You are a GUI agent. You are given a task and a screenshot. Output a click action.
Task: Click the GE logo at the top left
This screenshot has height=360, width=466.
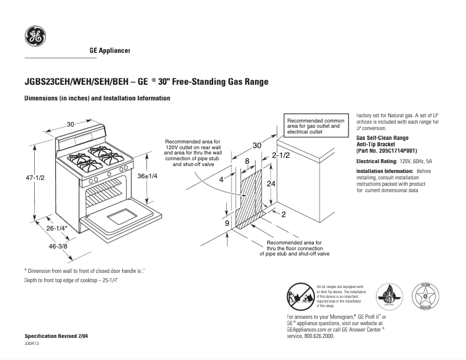[x=35, y=37]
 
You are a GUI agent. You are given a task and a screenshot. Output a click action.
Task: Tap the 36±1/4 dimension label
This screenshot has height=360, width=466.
[x=148, y=176]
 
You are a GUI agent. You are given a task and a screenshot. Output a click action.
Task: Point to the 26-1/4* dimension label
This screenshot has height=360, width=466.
[x=58, y=229]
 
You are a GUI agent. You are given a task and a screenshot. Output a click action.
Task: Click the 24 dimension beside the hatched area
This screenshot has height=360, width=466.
[x=271, y=183]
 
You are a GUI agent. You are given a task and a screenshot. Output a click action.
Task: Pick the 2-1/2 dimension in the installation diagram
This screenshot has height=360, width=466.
[x=281, y=156]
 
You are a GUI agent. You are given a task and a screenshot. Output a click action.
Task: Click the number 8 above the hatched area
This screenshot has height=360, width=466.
[x=247, y=161]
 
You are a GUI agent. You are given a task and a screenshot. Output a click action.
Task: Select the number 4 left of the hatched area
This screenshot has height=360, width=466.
[x=221, y=179]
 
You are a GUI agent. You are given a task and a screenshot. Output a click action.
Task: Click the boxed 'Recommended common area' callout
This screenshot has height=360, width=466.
[x=316, y=126]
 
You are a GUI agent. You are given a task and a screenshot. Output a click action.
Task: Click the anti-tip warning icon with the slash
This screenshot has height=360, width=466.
[x=300, y=297]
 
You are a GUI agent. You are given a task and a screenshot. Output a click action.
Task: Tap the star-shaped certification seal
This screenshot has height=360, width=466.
[x=425, y=297]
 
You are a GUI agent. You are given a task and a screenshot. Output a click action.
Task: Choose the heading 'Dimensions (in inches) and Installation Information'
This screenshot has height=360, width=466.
[x=97, y=99]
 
